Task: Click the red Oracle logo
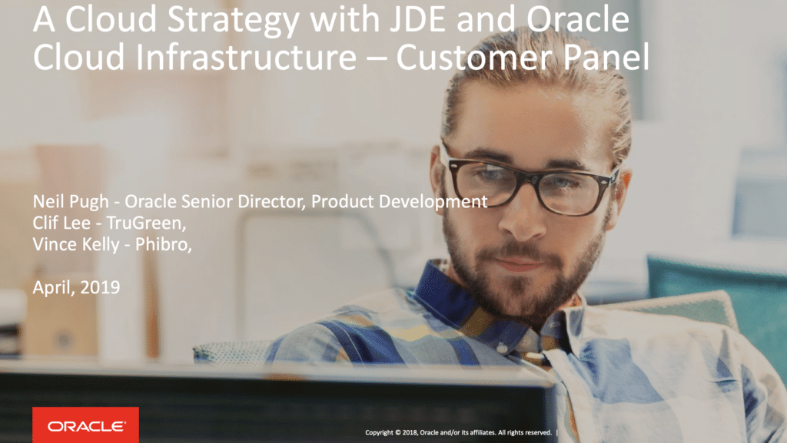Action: (x=85, y=425)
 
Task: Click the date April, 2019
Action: (x=75, y=288)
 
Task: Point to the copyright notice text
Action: (x=458, y=432)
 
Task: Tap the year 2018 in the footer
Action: (x=408, y=432)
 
